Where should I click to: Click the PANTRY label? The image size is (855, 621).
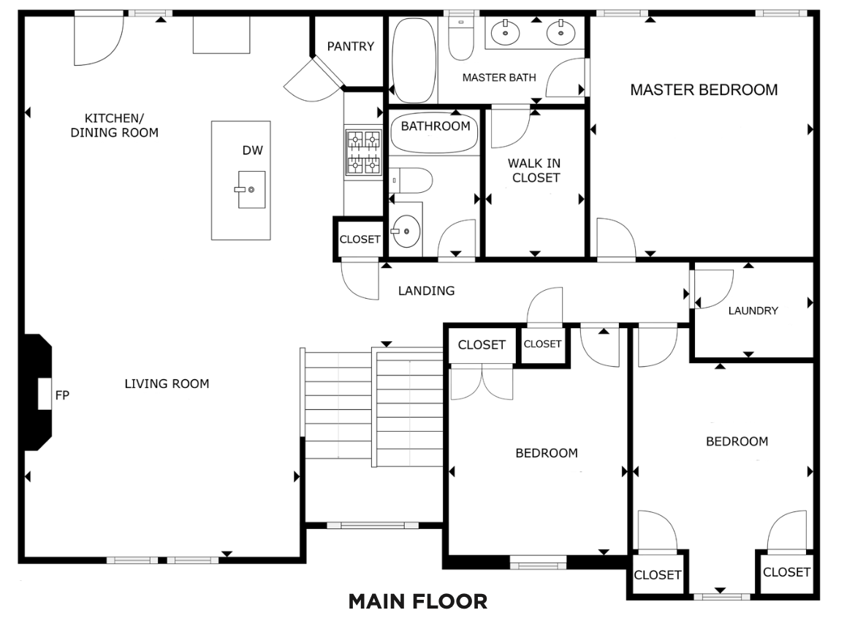(x=351, y=46)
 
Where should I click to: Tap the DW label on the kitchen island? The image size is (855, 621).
(x=252, y=151)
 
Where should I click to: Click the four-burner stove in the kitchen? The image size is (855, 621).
(x=364, y=152)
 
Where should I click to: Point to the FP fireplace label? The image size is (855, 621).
(x=62, y=395)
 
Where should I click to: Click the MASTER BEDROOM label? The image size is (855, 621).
(x=704, y=90)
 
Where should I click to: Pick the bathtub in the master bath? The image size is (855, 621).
(x=414, y=61)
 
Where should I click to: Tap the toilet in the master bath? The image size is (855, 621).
(x=461, y=37)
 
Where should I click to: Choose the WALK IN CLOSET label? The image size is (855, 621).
(x=535, y=170)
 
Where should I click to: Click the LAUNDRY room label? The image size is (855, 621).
(x=753, y=310)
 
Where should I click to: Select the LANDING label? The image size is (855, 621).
(x=427, y=291)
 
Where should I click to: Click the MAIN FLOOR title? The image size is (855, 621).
(x=418, y=601)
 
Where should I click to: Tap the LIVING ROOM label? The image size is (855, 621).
(x=167, y=384)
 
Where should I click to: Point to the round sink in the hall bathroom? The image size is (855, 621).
(x=406, y=231)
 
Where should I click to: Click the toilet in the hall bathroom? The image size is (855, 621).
(x=411, y=180)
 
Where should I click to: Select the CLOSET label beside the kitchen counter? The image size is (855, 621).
(x=360, y=240)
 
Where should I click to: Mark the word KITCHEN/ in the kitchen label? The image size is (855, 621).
(x=114, y=118)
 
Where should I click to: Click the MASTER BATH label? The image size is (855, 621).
(x=499, y=77)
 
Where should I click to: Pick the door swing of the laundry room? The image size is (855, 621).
(x=713, y=289)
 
